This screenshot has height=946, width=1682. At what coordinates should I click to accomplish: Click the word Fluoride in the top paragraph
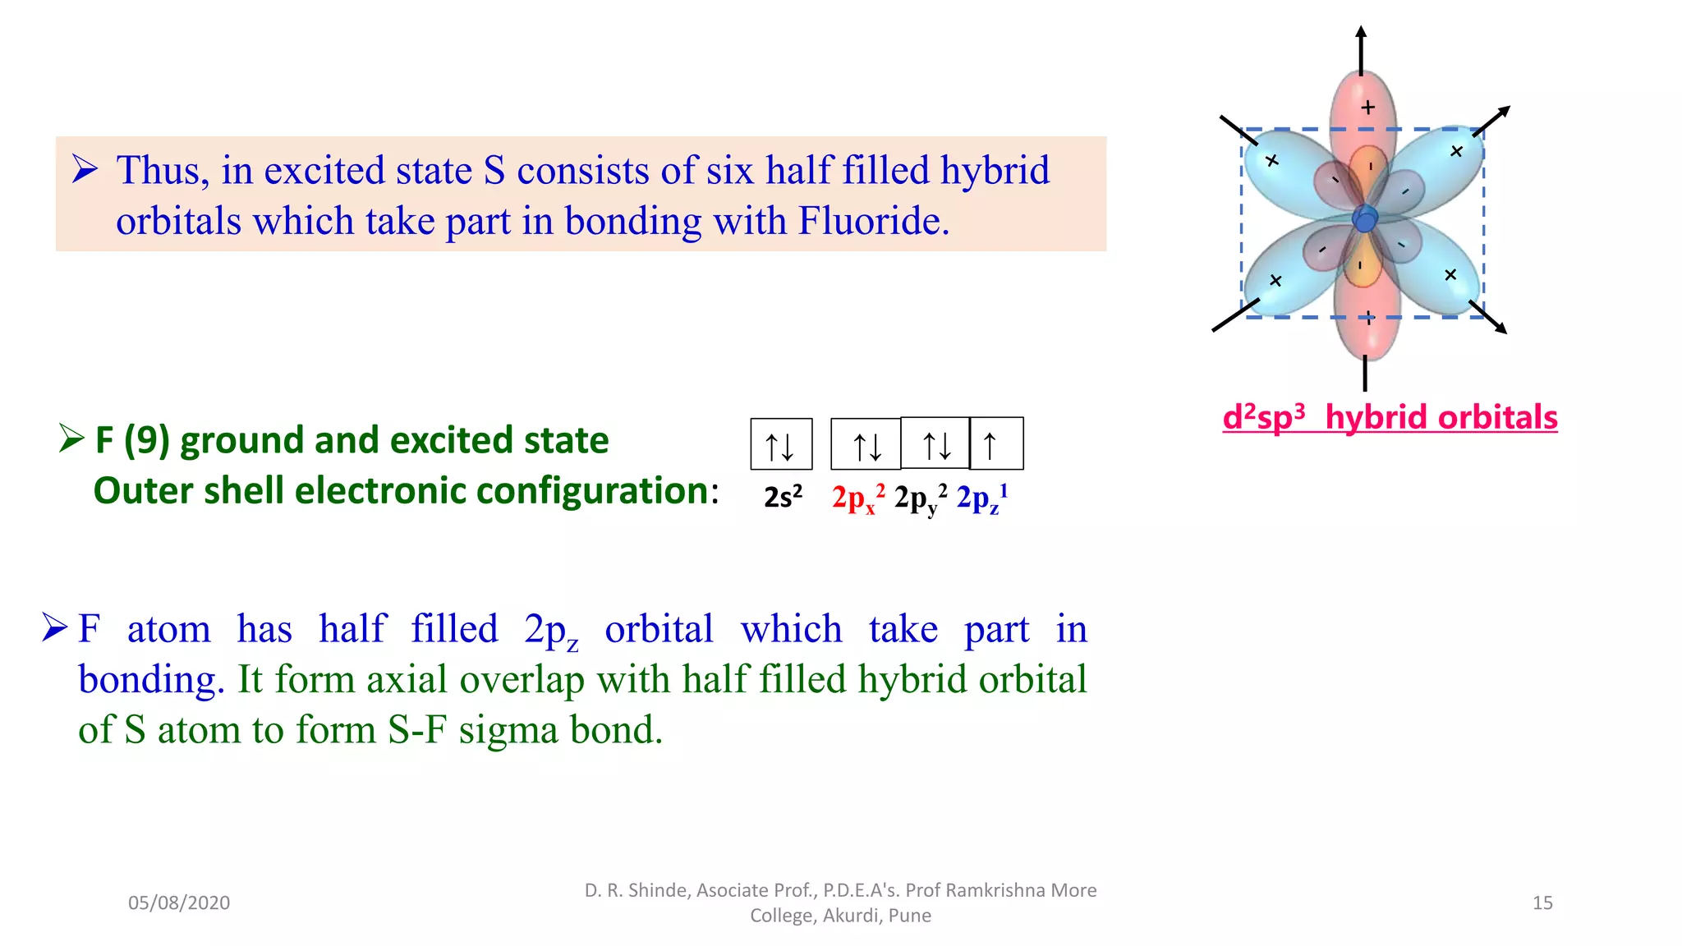click(x=873, y=222)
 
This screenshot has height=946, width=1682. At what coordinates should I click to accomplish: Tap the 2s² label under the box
click(x=783, y=498)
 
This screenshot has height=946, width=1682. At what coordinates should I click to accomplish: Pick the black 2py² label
click(x=920, y=498)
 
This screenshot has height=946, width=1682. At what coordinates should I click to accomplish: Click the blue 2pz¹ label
click(x=982, y=498)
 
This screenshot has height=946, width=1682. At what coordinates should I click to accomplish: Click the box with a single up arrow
click(x=996, y=444)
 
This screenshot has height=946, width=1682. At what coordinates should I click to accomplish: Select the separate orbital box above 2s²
click(x=781, y=444)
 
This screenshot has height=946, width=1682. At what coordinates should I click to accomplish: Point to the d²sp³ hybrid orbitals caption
click(x=1390, y=417)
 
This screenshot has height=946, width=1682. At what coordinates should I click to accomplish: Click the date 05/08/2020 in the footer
click(x=179, y=902)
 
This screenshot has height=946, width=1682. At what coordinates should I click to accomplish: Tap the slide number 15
click(x=1542, y=902)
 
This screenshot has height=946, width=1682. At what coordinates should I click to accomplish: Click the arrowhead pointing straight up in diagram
click(x=1361, y=34)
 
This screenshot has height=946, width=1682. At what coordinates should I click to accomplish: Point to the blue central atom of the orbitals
click(x=1365, y=220)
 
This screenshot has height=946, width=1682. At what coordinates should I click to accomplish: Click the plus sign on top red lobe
click(x=1367, y=108)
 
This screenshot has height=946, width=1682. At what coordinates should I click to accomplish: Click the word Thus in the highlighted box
click(x=163, y=171)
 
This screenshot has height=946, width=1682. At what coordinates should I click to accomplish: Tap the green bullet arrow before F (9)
click(x=71, y=439)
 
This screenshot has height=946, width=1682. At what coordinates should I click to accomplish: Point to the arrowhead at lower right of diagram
click(x=1500, y=328)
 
